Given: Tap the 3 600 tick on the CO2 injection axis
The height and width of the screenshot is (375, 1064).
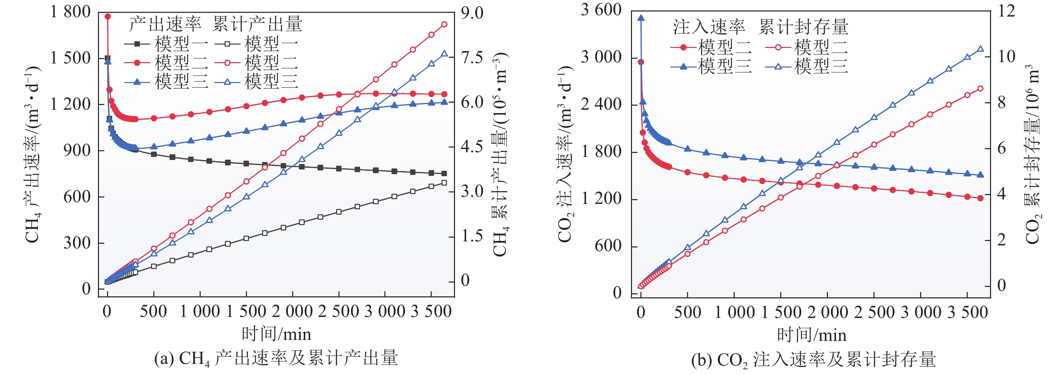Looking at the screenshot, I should coord(601,9).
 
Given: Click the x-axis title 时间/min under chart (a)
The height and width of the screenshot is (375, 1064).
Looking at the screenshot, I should coord(276,333).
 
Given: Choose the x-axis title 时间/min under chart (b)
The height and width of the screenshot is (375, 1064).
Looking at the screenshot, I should coord(811,334).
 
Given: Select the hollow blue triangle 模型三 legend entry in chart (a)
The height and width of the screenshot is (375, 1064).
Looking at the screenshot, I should coord(256,82).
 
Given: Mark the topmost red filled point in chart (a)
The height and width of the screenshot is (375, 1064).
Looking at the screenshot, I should coord(108,17).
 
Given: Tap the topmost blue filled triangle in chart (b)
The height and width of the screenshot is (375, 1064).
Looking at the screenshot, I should coord(641,18).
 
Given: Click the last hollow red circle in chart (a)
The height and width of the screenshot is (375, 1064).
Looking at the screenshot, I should coord(445,24).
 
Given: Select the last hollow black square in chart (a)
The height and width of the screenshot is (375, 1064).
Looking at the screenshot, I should coord(445,182).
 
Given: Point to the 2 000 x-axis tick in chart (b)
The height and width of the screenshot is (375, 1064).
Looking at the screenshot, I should coord(827,312).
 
